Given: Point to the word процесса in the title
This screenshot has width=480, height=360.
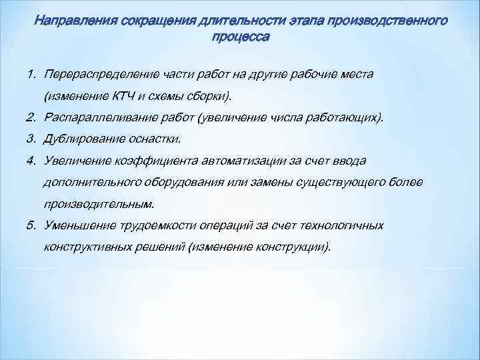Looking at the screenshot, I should click(240, 37).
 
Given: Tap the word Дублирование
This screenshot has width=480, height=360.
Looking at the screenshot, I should click(82, 139).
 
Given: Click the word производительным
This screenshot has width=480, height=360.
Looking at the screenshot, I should click(99, 203).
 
